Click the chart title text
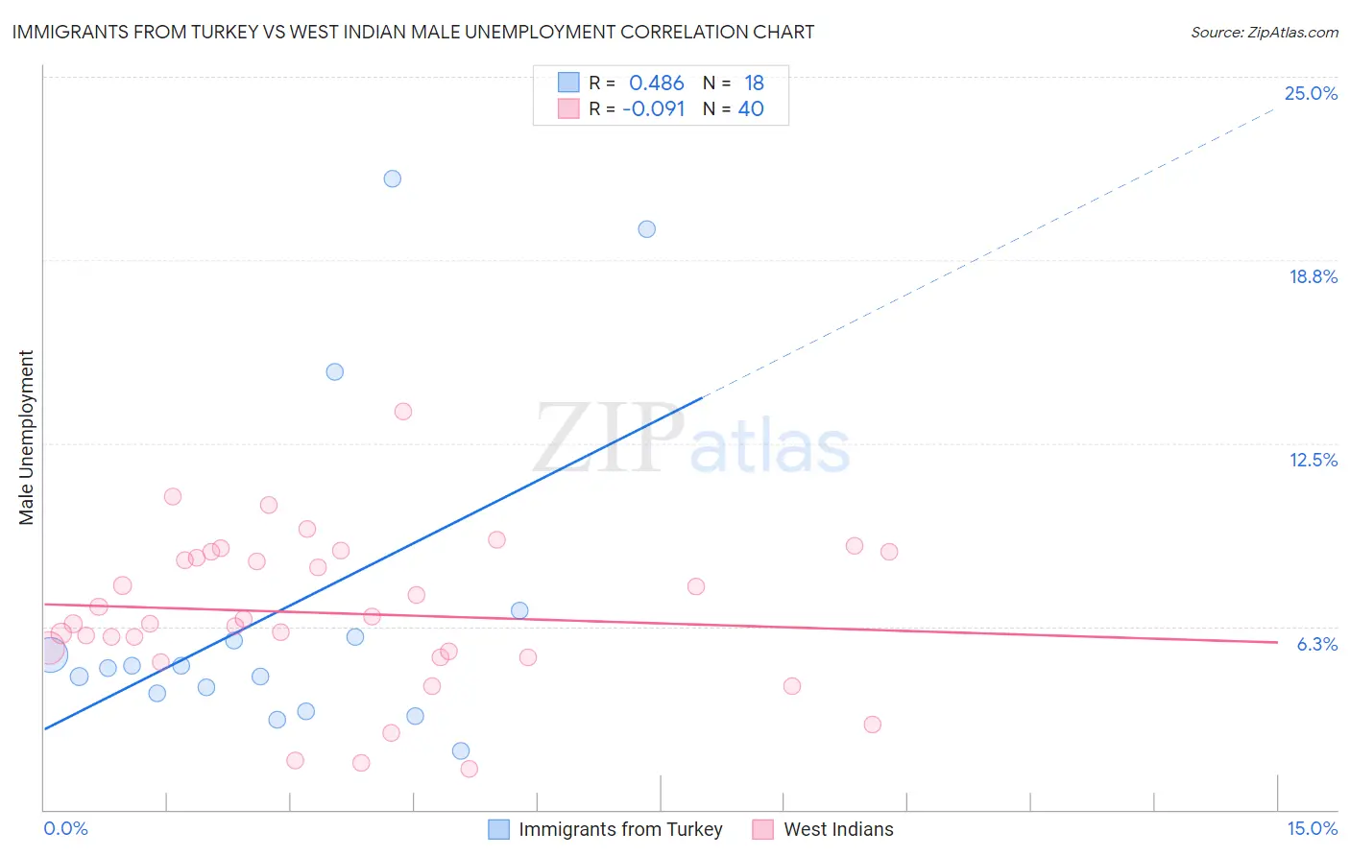click(413, 32)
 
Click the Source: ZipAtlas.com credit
click(1264, 32)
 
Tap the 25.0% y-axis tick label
click(1311, 93)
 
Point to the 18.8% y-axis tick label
click(1313, 276)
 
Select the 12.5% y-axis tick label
click(1313, 460)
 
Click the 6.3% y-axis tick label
click(1316, 644)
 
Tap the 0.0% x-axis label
click(66, 828)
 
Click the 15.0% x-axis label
click(1312, 828)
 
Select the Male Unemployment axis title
click(26, 438)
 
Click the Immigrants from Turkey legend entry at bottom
click(619, 829)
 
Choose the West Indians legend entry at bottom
click(837, 829)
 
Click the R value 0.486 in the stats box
click(656, 83)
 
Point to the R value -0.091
click(653, 109)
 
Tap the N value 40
click(751, 109)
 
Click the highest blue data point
click(392, 178)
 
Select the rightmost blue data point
click(647, 229)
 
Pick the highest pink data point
click(403, 412)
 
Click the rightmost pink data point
click(889, 552)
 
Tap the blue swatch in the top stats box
click(568, 83)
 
